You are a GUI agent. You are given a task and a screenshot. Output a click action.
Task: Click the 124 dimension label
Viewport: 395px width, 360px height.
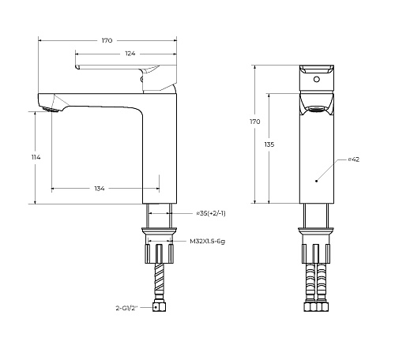[x=130, y=54]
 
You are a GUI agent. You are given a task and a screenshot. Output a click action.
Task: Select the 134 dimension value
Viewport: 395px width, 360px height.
[x=100, y=189]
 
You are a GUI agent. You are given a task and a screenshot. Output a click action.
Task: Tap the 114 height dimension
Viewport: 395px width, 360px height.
[x=36, y=157]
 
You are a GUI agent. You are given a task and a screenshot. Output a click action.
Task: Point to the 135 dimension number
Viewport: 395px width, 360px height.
[x=269, y=144]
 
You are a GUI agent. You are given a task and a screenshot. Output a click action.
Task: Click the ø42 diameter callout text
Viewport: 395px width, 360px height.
[x=354, y=159]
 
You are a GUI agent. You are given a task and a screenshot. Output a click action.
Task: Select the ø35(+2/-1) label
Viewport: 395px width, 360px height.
[x=211, y=213]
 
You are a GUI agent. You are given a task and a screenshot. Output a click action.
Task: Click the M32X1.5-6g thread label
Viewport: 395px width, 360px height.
[x=208, y=242]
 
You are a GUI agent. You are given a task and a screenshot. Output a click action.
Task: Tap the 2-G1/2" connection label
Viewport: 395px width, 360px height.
[x=126, y=308]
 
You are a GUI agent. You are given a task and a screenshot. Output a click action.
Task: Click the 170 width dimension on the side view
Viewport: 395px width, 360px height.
[x=107, y=40]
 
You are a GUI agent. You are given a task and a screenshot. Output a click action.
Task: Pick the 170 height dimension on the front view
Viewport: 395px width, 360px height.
[x=255, y=122]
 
